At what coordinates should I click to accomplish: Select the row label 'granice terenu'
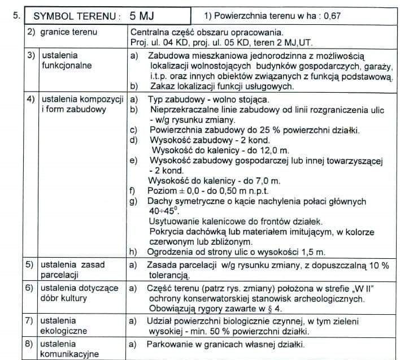(69, 32)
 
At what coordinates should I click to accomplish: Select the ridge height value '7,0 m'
(265, 180)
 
